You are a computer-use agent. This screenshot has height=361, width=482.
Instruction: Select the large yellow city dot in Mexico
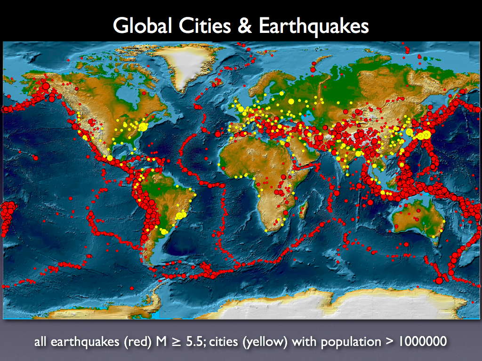coord(110,158)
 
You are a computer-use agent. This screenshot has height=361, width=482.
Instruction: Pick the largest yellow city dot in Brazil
coord(179,215)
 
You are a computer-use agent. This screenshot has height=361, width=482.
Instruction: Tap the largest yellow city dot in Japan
coord(426,135)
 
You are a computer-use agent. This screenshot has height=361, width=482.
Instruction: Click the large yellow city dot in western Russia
coord(290,101)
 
